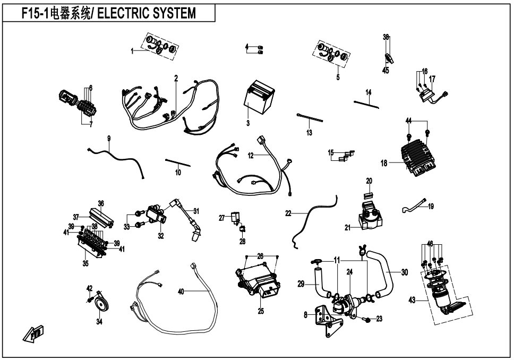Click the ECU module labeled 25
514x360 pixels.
click(258, 280)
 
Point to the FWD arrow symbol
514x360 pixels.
click(33, 334)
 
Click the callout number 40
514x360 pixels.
click(181, 291)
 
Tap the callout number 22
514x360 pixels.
click(288, 213)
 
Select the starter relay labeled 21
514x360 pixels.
click(370, 215)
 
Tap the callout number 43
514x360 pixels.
click(412, 300)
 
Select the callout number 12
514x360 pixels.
click(251, 156)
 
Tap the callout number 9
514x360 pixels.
click(109, 139)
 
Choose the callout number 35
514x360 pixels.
click(85, 263)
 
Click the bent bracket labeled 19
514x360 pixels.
click(415, 205)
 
